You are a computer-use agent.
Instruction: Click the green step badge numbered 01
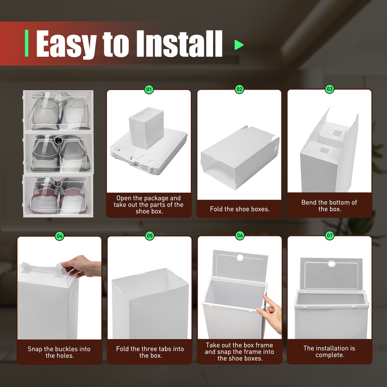pos(149,90)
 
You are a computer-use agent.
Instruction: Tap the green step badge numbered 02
pos(240,89)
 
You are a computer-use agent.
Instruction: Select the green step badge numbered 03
pos(330,89)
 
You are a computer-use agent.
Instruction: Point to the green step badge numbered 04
pos(60,236)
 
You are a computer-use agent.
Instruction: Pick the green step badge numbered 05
pos(150,236)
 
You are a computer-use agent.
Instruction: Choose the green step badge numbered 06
pos(240,236)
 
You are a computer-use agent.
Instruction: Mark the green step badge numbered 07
pos(330,236)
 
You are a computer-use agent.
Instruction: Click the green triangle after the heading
pos(239,45)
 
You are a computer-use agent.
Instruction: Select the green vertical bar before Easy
pos(27,43)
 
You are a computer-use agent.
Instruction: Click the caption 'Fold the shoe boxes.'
pos(240,209)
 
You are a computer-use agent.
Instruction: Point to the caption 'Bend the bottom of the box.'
pos(329,205)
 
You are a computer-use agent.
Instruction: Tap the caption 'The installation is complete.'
pos(329,351)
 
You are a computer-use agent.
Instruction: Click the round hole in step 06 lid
pos(240,257)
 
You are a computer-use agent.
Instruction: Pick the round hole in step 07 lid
pos(331,264)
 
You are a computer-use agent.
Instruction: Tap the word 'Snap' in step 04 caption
pos(34,349)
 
